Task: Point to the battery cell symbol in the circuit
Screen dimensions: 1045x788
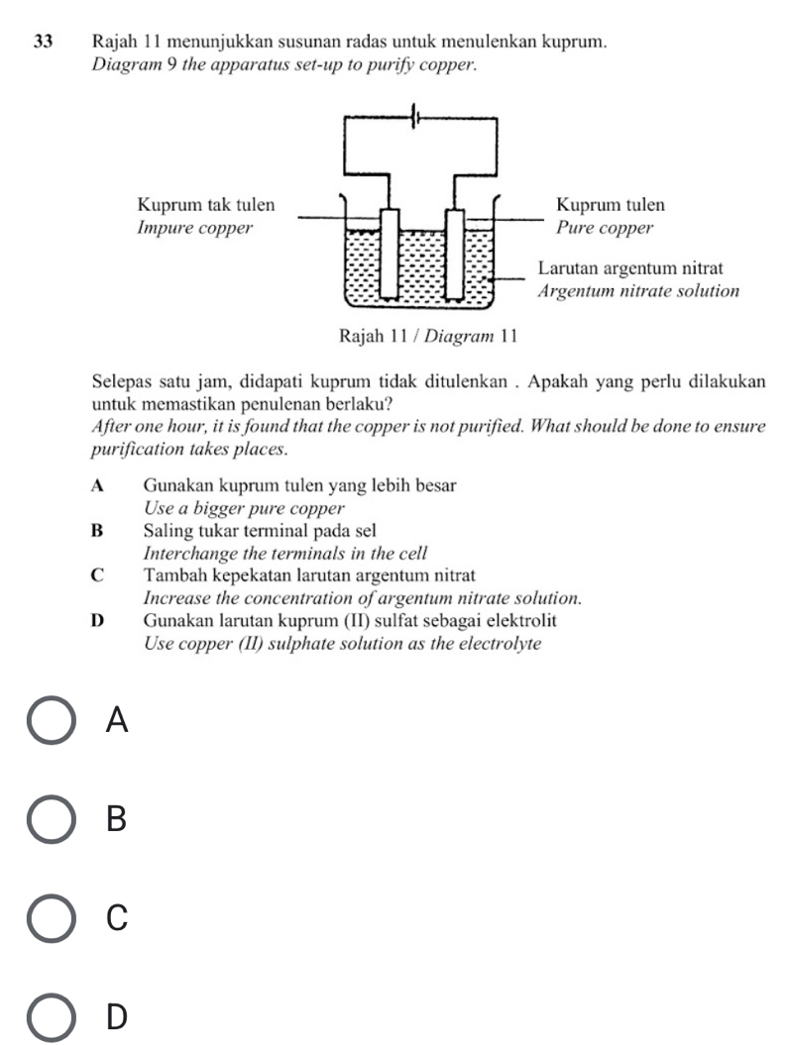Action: pos(418,117)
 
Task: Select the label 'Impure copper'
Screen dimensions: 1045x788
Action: pos(193,229)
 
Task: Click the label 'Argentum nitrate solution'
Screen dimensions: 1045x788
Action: pos(638,292)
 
